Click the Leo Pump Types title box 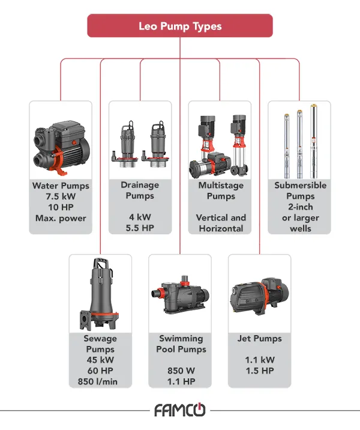click(180, 26)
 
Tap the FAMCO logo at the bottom click(179, 411)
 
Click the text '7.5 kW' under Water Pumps click(61, 196)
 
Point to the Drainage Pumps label click(140, 190)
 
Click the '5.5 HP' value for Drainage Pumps click(140, 228)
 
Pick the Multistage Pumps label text click(221, 190)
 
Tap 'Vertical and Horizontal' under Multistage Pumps click(221, 223)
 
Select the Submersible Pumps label click(300, 190)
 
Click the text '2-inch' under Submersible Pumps click(300, 207)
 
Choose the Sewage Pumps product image click(100, 294)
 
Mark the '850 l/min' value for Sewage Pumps click(100, 381)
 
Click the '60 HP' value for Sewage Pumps click(100, 371)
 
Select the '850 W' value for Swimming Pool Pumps click(179, 371)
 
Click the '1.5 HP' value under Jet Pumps click(259, 371)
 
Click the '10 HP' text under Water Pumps click(61, 207)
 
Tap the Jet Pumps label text click(259, 339)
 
